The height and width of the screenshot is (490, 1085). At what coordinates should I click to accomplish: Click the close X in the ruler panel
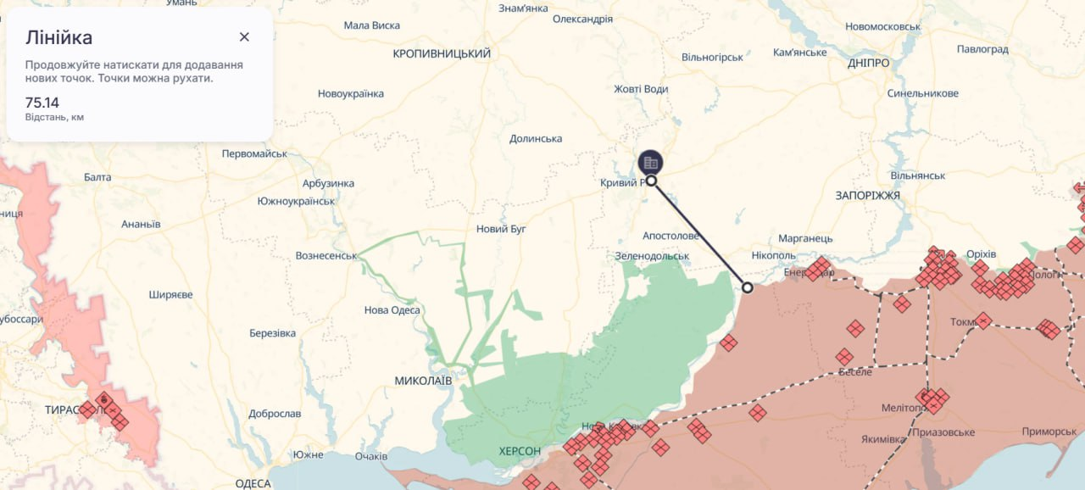point(244,36)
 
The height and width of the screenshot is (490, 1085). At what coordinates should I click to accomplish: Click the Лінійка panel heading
point(59,37)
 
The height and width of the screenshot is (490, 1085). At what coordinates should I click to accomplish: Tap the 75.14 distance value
point(42,103)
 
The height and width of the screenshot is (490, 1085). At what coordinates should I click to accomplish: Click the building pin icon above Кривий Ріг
point(651,161)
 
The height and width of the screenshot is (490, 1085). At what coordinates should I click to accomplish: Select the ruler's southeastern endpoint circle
point(747,287)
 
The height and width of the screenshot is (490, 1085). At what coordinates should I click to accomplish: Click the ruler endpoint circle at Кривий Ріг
point(651,181)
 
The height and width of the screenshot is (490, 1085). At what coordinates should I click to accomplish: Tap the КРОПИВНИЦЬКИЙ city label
point(442,54)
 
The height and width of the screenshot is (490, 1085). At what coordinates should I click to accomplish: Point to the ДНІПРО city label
point(869,64)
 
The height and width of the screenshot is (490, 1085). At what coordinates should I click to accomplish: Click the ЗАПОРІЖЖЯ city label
point(867,196)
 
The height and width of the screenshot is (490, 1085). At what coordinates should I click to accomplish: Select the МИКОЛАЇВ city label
point(423,381)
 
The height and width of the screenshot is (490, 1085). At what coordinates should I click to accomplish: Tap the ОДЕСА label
point(253,483)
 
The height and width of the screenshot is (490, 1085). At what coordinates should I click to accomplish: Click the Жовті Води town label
point(641,89)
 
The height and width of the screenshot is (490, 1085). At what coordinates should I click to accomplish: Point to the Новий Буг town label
point(502,230)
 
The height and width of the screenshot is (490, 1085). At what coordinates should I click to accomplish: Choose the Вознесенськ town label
point(325,255)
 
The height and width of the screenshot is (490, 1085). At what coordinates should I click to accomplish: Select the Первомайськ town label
point(254,154)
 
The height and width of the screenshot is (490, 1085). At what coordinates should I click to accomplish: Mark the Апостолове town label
point(670,236)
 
